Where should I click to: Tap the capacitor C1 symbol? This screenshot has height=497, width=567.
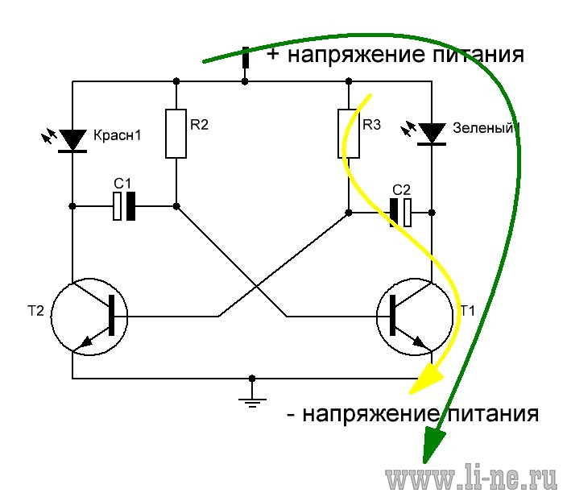(124, 206)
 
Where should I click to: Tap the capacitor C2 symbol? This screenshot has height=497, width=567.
(400, 213)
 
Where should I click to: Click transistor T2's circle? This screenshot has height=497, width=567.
(52, 317)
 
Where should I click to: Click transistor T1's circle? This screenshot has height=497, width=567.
(453, 317)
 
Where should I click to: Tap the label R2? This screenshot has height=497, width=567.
(199, 125)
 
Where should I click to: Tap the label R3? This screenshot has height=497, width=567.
(372, 125)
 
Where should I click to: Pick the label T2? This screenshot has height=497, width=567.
(35, 311)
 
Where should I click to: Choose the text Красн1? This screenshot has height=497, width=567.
(117, 135)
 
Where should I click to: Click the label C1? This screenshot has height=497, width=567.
(122, 184)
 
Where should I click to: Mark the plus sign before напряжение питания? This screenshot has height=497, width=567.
(273, 54)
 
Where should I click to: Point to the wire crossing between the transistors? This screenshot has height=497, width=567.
(256, 287)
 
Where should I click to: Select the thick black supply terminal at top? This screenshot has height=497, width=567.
(245, 58)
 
